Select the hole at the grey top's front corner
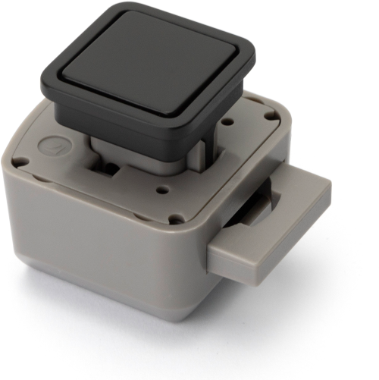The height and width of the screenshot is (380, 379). [177, 220]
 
